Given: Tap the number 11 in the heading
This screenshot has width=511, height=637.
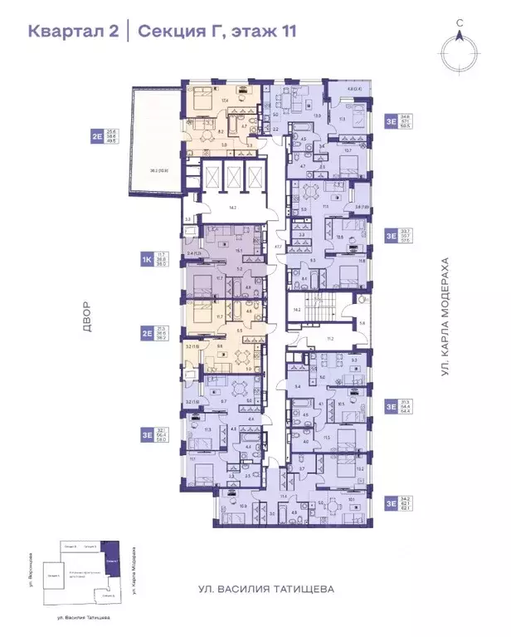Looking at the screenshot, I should point(285,32).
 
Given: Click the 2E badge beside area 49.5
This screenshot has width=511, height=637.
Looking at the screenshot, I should point(97,136).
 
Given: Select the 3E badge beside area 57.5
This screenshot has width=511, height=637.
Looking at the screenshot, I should point(391,235).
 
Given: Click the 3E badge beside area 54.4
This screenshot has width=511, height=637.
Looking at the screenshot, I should point(391,407).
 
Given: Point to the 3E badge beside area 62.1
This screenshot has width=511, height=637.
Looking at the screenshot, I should point(391,502).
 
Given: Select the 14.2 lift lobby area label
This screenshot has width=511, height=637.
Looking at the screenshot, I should point(232,208).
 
